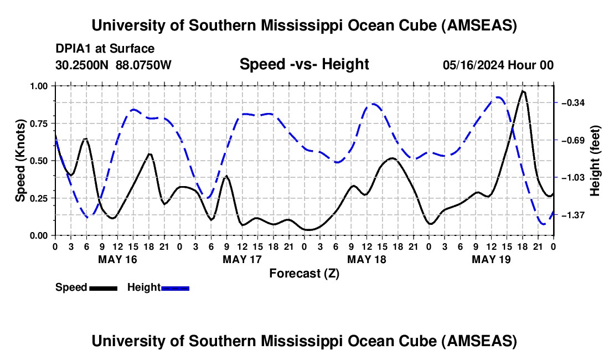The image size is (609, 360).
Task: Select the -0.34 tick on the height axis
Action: coord(574,103)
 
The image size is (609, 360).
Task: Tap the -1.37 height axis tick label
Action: coord(574,215)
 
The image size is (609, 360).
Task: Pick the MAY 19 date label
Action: coord(491,259)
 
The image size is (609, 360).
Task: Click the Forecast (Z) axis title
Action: coord(304,273)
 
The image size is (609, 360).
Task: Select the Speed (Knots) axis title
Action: coord(20,161)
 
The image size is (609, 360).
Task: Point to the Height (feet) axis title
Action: coord(595,161)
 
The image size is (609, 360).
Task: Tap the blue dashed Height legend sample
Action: coord(175,287)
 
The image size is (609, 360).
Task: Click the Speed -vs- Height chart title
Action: coord(304,65)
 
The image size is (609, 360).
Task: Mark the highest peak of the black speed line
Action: coord(523,91)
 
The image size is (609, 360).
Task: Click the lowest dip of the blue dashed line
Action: coord(544,224)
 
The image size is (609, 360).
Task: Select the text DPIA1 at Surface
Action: coord(105,49)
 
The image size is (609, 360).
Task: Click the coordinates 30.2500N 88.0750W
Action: coord(113,65)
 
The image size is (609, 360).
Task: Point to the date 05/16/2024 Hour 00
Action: coord(498,65)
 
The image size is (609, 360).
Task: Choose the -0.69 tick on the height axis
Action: coord(574,140)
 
